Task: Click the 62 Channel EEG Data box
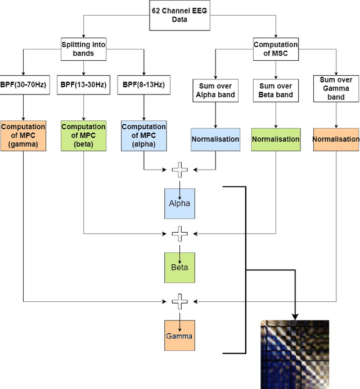179,15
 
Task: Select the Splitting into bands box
83,48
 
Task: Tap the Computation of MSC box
276,48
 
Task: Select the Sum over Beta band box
276,90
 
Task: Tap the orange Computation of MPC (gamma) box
23,135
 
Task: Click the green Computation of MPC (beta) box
83,135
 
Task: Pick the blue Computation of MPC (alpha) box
143,135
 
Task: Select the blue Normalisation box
215,139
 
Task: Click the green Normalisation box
276,139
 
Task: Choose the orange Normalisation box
336,139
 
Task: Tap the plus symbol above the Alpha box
179,168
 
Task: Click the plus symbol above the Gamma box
179,301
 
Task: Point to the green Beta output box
179,269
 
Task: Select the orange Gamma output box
179,336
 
